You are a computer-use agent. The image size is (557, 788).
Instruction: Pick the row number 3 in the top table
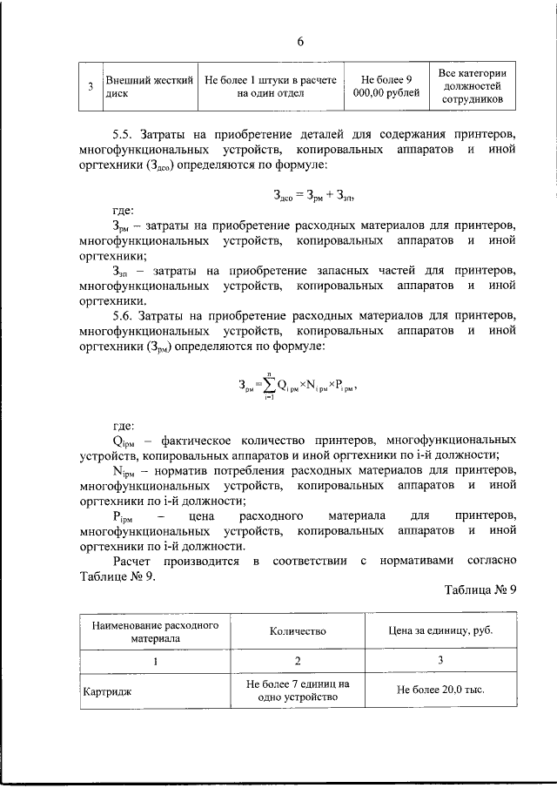(91, 87)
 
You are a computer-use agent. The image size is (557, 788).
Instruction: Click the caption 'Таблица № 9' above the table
(480, 589)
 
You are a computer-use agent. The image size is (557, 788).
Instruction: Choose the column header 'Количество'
(298, 631)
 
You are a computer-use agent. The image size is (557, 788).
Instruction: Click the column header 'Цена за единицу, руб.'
(440, 631)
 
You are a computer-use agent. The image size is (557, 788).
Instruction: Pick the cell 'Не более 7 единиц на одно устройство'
(298, 691)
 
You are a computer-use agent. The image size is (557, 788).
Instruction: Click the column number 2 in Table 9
(298, 661)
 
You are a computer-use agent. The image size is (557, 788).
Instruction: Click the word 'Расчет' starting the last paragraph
(136, 562)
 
